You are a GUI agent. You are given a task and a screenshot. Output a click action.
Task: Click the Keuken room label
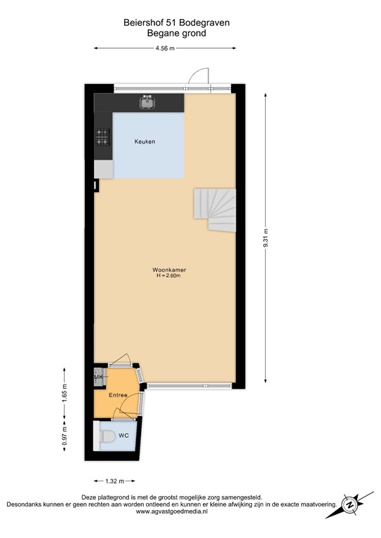click(x=145, y=142)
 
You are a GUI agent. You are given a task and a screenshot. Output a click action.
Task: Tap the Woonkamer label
click(x=168, y=270)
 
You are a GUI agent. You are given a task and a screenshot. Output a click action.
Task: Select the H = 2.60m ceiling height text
click(x=168, y=276)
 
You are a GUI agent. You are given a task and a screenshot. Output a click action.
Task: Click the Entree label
click(x=118, y=396)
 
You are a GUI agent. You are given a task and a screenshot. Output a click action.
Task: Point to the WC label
click(x=123, y=436)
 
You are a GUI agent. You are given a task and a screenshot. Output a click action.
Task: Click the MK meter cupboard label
click(x=98, y=378)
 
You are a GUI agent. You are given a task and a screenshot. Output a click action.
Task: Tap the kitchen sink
click(x=147, y=104)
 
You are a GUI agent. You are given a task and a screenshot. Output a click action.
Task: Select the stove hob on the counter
click(x=103, y=137)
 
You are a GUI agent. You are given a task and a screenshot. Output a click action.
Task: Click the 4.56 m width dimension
click(x=165, y=48)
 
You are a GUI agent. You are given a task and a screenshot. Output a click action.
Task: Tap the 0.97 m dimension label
click(x=65, y=437)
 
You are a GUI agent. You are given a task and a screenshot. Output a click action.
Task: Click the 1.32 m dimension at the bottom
click(x=114, y=481)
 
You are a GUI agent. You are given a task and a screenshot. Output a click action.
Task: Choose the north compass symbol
click(x=349, y=504)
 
